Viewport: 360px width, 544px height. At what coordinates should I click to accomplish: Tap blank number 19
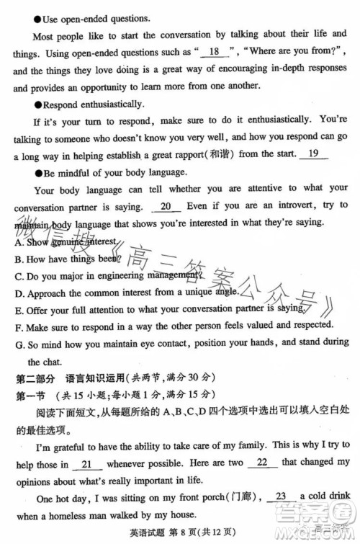pos(312,153)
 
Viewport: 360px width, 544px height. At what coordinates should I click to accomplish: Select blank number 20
pos(166,207)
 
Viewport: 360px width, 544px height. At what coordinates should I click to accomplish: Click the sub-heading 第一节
pos(31,395)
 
